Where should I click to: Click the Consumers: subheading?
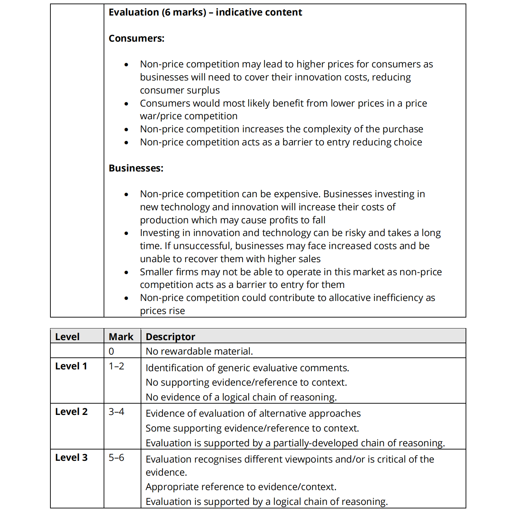coord(136,38)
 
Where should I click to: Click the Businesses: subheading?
coord(136,168)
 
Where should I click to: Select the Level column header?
coord(67,337)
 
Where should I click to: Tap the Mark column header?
coord(121,337)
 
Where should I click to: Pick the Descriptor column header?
coord(170,337)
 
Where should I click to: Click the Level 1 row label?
coord(71,366)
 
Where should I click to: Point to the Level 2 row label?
coord(71,412)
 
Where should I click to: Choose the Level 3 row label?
coord(71,458)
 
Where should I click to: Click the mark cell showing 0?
coord(111,351)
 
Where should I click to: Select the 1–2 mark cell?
coord(116,366)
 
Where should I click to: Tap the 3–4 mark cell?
coord(116,412)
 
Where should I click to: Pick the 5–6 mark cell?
coord(116,458)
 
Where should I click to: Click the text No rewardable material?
coord(199,351)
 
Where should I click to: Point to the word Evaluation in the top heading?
coord(134,12)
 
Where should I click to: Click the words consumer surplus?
coord(180,90)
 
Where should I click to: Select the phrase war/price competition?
coord(189,116)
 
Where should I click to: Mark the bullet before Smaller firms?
coord(126,272)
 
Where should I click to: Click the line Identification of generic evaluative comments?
coord(247,368)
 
